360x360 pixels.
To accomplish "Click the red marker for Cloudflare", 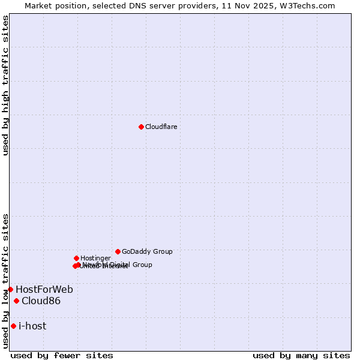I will (141, 127).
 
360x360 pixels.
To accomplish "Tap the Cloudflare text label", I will (161, 127).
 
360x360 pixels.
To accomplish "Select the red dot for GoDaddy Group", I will (118, 251).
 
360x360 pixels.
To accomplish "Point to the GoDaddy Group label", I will (147, 252).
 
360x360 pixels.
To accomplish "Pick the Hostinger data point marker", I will (76, 258).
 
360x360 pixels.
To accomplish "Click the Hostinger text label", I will (95, 259).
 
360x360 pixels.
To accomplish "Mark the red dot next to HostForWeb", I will (10, 289).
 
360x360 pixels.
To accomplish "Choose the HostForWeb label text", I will (44, 290).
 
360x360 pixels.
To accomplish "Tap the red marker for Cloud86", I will (16, 301).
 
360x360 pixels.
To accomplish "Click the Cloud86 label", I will (41, 301).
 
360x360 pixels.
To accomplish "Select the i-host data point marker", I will (13, 326).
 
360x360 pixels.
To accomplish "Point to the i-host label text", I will (32, 326).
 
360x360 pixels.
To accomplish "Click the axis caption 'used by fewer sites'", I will (62, 355).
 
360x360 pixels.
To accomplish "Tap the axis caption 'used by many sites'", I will (301, 355).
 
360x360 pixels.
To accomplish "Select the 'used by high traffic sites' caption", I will (6, 85).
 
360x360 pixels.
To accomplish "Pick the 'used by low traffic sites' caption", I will (6, 281).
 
